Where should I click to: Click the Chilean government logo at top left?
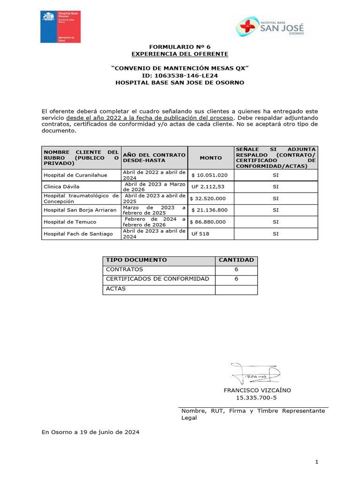click(x=60, y=27)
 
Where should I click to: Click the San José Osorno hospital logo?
click(x=270, y=27)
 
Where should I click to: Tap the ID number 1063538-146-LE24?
click(x=180, y=75)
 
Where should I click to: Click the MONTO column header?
click(x=211, y=158)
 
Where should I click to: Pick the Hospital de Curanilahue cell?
click(x=75, y=175)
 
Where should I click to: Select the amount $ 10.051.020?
click(x=210, y=175)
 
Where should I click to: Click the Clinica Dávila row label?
click(x=61, y=187)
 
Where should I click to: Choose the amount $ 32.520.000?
click(x=210, y=198)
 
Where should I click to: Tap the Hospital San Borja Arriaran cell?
click(x=80, y=210)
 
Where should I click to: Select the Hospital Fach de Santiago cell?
click(x=78, y=233)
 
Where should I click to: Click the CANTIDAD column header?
click(x=236, y=260)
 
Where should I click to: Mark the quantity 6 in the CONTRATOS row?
click(x=236, y=270)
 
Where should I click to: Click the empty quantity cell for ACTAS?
click(x=236, y=289)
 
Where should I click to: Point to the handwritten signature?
click(x=256, y=373)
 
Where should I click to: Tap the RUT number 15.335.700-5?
click(x=256, y=398)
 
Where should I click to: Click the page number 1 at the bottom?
click(x=317, y=462)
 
